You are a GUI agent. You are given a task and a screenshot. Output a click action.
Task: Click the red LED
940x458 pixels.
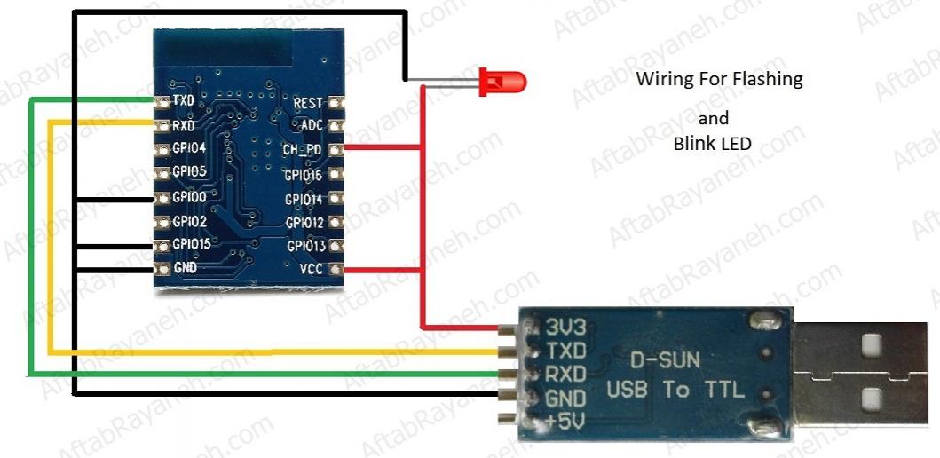[x=502, y=83]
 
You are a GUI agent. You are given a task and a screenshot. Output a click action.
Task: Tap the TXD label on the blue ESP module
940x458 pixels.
[x=184, y=102]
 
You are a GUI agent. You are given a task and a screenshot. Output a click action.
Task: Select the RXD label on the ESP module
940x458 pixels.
[x=184, y=125]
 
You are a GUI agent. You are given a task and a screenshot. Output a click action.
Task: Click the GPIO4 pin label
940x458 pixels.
[x=188, y=148]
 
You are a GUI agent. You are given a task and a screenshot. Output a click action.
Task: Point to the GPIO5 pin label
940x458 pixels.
[x=188, y=171]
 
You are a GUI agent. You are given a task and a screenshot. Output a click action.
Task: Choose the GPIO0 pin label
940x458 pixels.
[x=188, y=196]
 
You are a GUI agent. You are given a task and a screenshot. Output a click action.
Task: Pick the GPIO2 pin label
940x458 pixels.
[x=188, y=220]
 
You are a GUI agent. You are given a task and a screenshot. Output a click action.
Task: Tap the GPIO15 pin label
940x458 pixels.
[x=192, y=243]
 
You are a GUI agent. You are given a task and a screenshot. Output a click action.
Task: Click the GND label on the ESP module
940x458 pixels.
[x=185, y=267]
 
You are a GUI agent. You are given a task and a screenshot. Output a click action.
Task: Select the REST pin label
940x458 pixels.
[x=308, y=104]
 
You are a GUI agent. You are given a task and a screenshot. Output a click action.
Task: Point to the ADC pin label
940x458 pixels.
[x=312, y=126]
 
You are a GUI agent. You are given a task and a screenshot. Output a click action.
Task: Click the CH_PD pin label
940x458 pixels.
[x=303, y=149]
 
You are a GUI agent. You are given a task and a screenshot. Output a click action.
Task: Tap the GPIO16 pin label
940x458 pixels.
[x=304, y=176]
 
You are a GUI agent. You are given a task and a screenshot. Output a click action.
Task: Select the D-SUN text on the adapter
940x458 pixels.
[x=665, y=360]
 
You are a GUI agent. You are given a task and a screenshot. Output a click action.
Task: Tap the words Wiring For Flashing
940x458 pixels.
[x=719, y=79]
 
